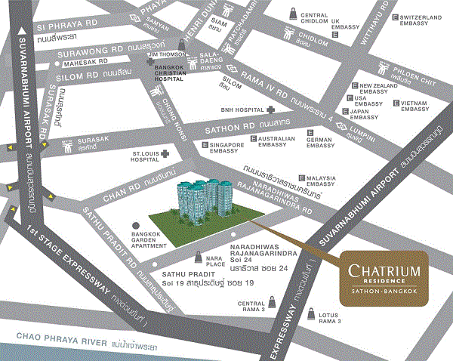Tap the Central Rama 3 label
(x=252, y=307)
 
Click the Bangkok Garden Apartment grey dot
(x=136, y=225)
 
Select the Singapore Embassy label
(x=226, y=148)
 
